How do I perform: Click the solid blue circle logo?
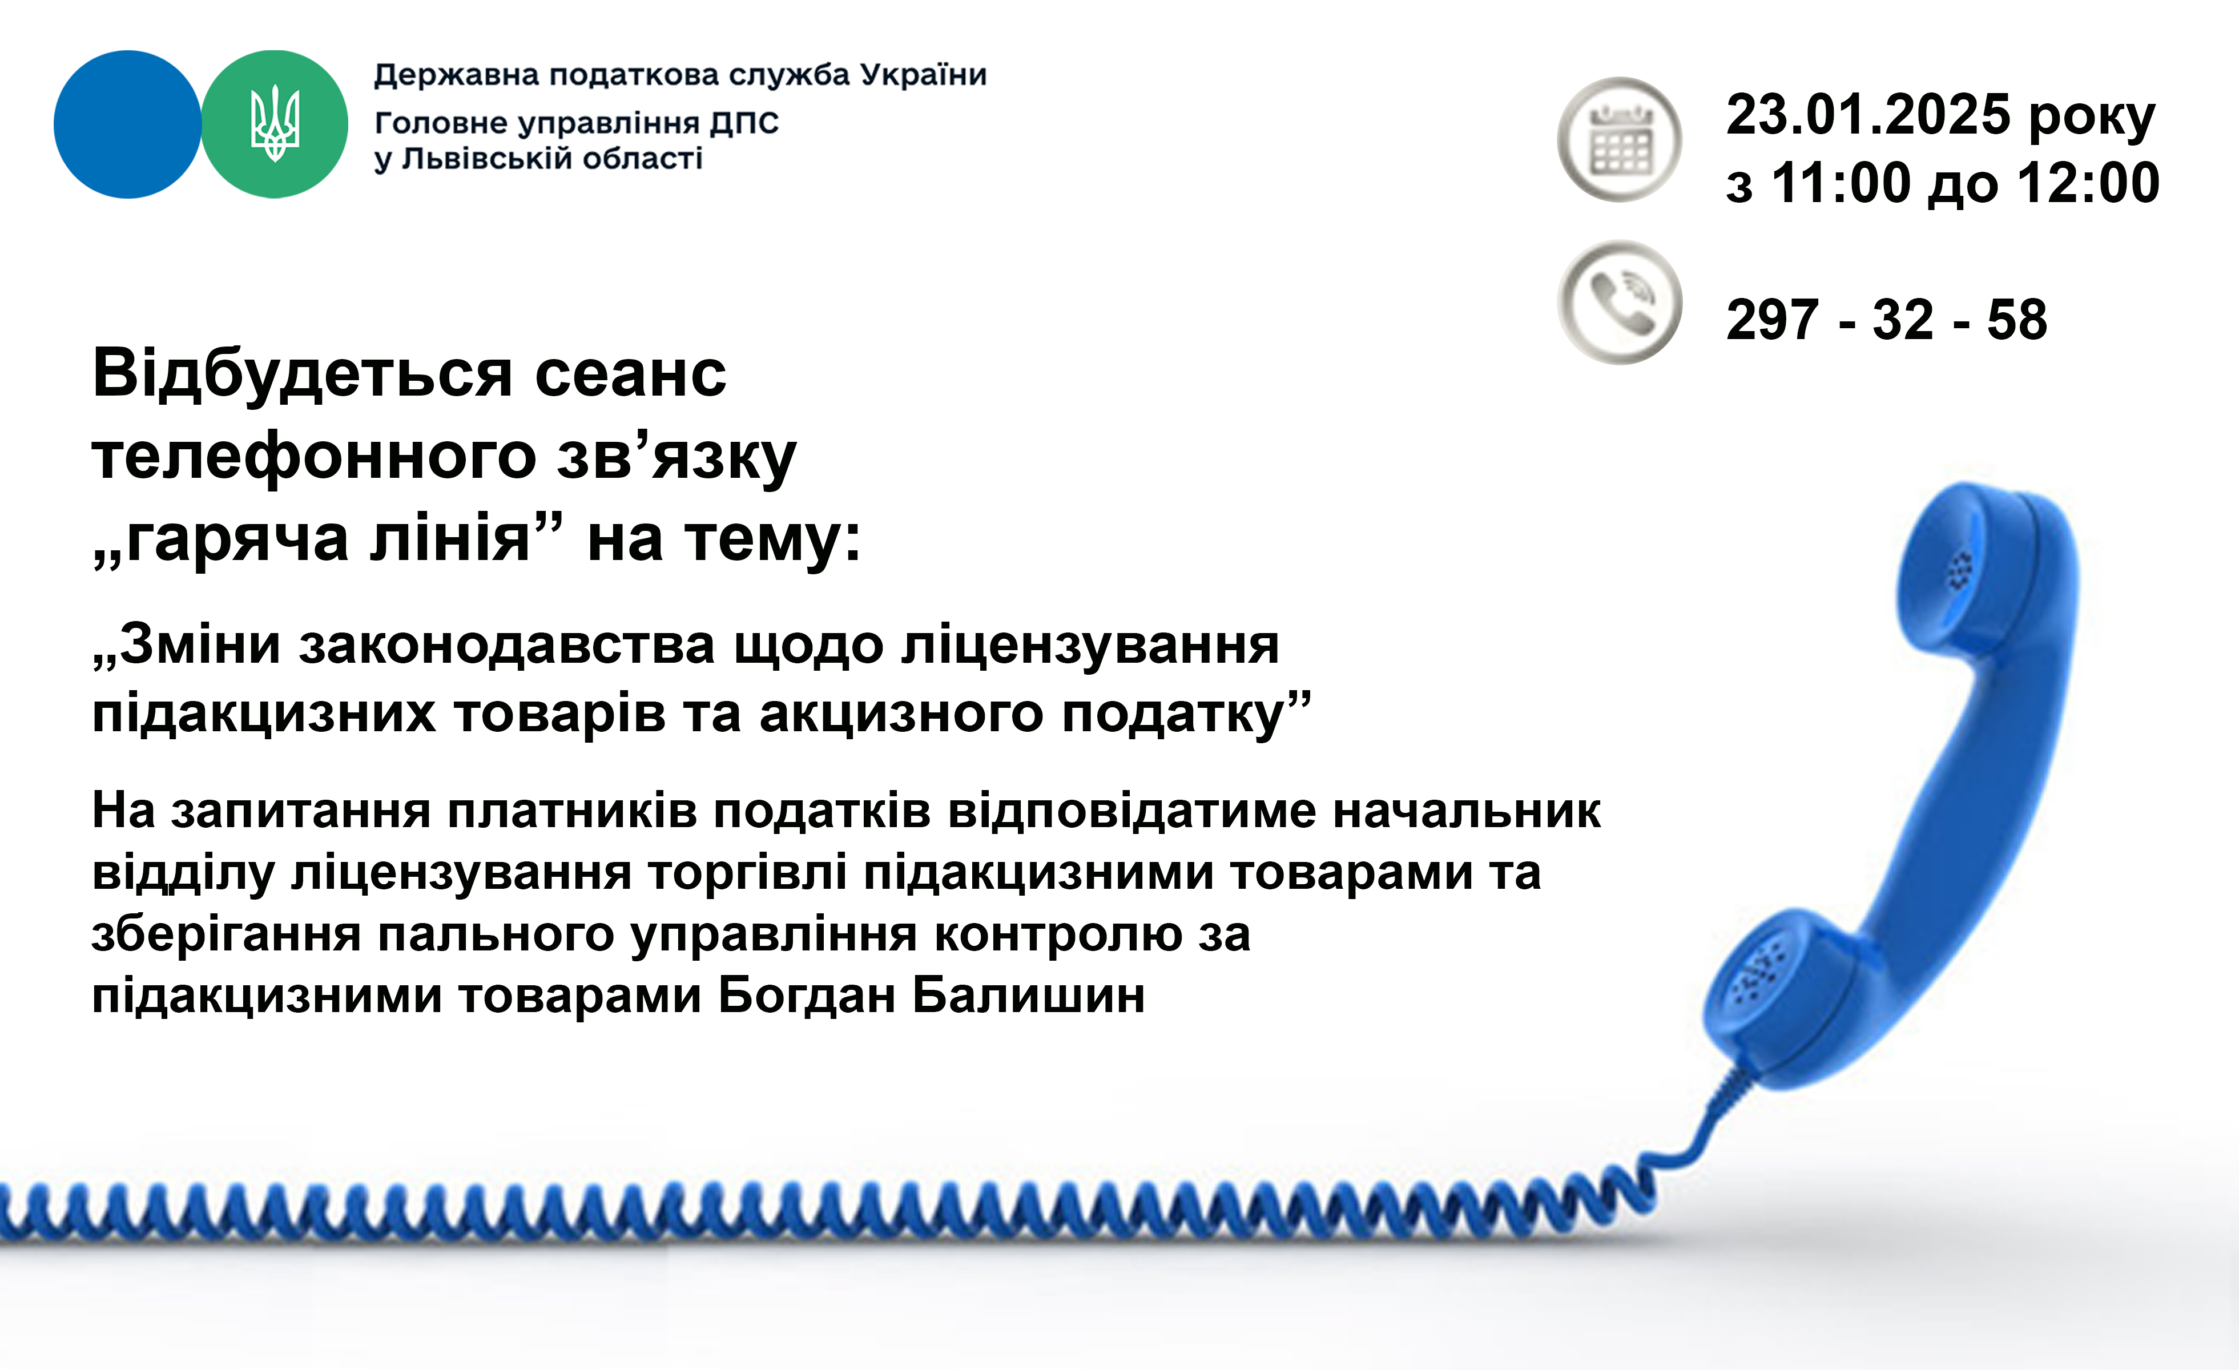pos(127,124)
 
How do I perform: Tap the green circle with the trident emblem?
pos(275,124)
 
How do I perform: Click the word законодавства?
pos(507,646)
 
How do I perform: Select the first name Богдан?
pos(807,996)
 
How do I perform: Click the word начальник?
pos(1467,811)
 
